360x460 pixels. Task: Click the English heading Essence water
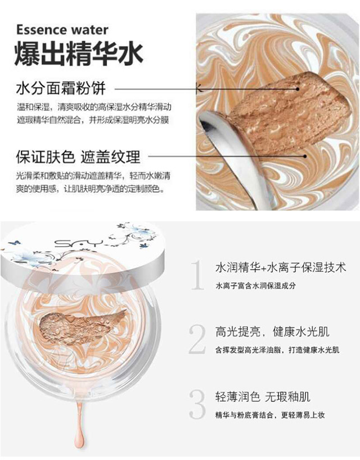pos(62,30)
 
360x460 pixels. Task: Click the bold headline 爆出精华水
pos(79,54)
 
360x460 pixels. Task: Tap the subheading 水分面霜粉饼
pos(61,88)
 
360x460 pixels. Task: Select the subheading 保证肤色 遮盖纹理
pos(78,157)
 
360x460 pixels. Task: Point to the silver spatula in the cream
pos(232,155)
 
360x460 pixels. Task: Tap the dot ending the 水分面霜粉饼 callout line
pos(297,89)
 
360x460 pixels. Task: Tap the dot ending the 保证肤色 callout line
pos(305,157)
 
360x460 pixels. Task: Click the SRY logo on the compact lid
pos(79,243)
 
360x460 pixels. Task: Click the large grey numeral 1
pos(197,275)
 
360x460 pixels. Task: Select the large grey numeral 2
pos(197,339)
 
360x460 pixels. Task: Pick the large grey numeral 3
pos(197,404)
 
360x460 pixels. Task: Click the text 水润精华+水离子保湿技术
pos(281,267)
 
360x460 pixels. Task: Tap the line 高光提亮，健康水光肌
pos(272,332)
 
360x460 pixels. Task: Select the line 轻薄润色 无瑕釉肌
pos(263,397)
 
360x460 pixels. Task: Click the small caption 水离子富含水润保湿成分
pos(255,285)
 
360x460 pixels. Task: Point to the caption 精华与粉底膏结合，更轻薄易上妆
pos(270,415)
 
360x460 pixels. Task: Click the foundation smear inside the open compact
pos(82,326)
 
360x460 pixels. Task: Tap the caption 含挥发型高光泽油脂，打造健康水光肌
pos(277,350)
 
